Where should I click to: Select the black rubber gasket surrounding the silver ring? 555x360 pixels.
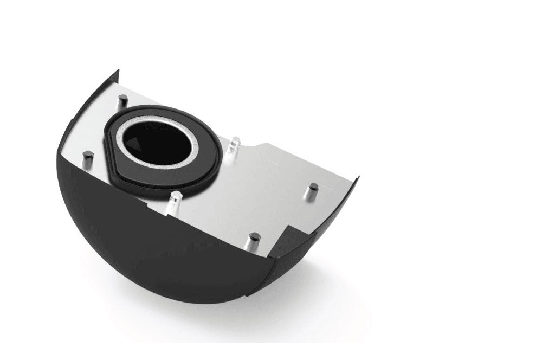pyautogui.click(x=214, y=163)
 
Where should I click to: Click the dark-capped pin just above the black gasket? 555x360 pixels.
pyautogui.click(x=123, y=100)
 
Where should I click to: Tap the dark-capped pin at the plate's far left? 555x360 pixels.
pyautogui.click(x=87, y=157)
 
